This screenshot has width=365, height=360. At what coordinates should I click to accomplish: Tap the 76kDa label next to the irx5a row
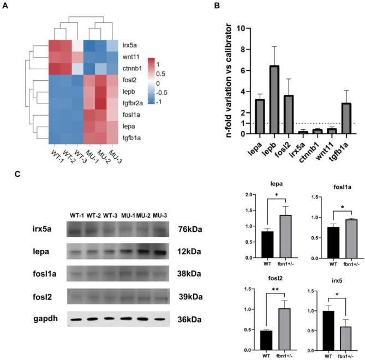[190, 230]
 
